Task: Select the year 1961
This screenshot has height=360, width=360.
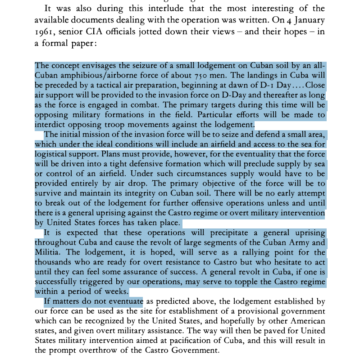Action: tap(45, 32)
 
